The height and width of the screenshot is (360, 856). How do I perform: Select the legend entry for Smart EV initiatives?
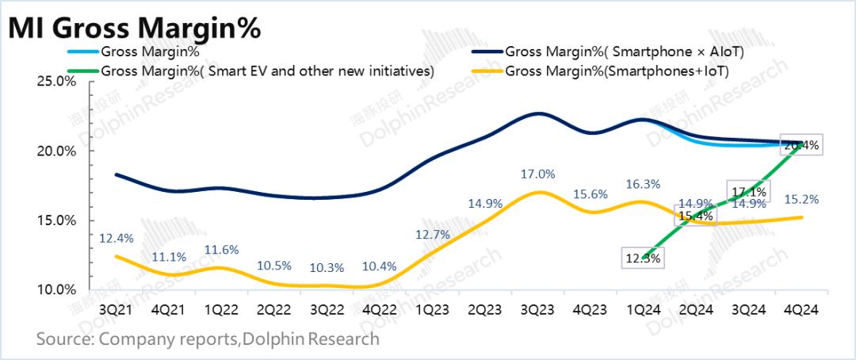[x=268, y=70]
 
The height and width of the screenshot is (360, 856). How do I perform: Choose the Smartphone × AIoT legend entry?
[x=627, y=52]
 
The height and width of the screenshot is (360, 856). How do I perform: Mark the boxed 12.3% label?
[x=642, y=257]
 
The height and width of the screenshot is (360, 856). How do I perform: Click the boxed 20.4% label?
[x=801, y=145]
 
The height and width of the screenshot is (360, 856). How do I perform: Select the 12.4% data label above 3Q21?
[x=117, y=237]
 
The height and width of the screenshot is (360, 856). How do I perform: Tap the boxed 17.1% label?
[x=747, y=192]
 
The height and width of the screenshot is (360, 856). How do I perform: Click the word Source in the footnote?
[x=62, y=339]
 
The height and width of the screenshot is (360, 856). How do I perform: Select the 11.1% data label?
[x=170, y=256]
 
